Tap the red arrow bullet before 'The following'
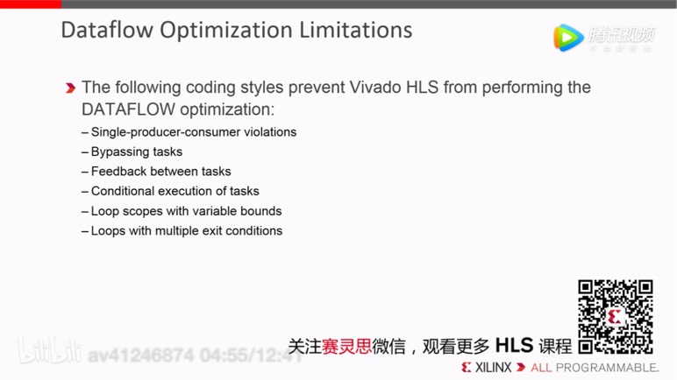[70, 88]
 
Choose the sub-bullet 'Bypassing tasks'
[136, 151]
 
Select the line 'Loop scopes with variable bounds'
[186, 211]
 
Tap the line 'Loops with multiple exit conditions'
[186, 231]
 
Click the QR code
[615, 316]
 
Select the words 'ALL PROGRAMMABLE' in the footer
[595, 367]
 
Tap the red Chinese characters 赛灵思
[346, 347]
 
